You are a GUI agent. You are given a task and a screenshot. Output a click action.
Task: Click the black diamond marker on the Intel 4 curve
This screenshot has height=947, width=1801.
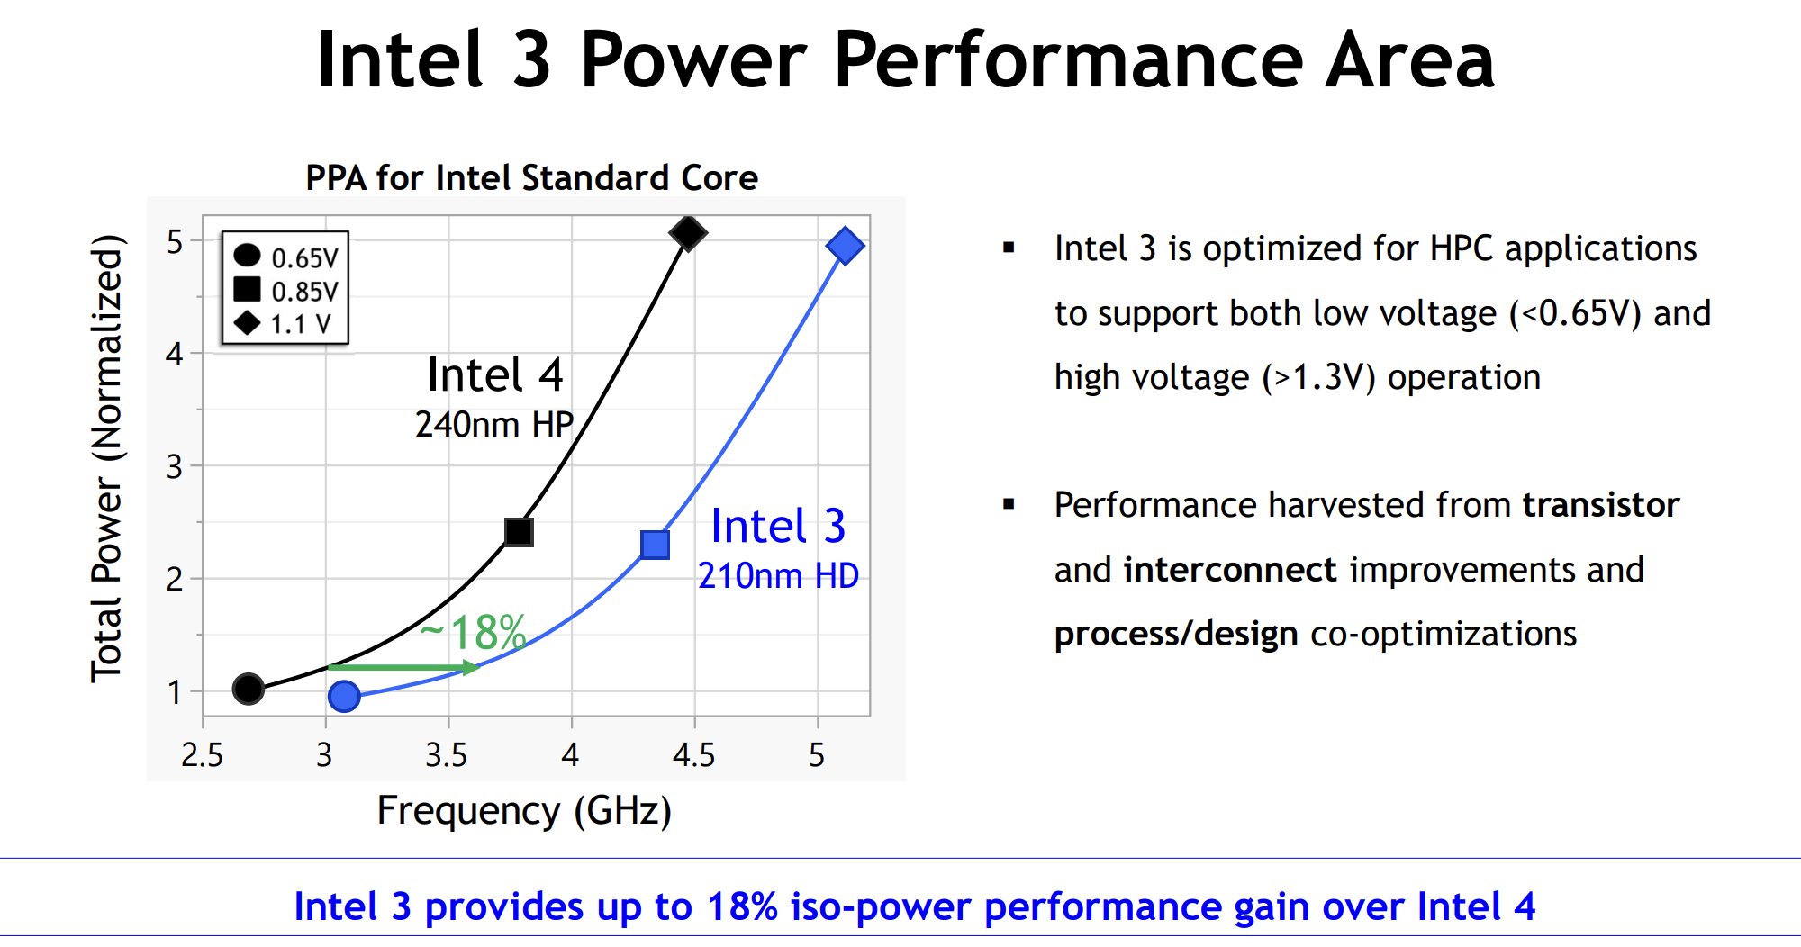coord(688,233)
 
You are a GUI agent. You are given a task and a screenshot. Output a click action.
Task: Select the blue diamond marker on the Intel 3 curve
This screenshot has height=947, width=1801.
coord(845,246)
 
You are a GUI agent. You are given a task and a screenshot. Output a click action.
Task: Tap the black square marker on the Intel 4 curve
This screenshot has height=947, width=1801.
coord(519,532)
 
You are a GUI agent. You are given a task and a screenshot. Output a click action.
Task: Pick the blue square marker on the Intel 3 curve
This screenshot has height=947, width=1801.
coord(655,545)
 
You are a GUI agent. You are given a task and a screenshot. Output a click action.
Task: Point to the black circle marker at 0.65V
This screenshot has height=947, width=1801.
coord(248,689)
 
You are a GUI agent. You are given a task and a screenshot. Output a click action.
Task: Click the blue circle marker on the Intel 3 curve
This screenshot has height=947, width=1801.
coord(344,696)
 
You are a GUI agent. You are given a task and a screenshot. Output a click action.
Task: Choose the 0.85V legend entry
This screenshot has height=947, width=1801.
coord(285,291)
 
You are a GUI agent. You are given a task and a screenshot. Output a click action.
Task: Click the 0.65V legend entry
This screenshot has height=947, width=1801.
coord(285,257)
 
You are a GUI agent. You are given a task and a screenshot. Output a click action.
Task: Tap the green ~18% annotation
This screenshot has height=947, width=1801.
coord(474,632)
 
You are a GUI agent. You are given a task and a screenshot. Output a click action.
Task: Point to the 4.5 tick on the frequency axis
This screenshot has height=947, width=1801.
coord(693,754)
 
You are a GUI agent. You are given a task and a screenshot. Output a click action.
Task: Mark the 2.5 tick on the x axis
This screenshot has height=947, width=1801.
coord(202,754)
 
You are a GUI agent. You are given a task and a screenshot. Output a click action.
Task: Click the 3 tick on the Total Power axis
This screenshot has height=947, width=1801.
coord(175,466)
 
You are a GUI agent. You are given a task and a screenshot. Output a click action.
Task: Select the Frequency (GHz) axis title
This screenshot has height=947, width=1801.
coord(524,811)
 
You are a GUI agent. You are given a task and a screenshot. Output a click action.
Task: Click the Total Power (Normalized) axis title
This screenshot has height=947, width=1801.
coord(106,459)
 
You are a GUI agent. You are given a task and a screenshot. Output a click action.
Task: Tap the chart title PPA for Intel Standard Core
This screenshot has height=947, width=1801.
coord(531,177)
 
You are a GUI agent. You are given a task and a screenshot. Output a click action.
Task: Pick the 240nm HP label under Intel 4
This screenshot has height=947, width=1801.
coord(493,424)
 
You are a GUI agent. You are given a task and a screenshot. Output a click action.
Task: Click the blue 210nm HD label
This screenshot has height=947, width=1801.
coord(778,575)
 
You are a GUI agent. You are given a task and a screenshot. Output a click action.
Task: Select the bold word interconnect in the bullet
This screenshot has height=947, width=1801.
coord(1230,570)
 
